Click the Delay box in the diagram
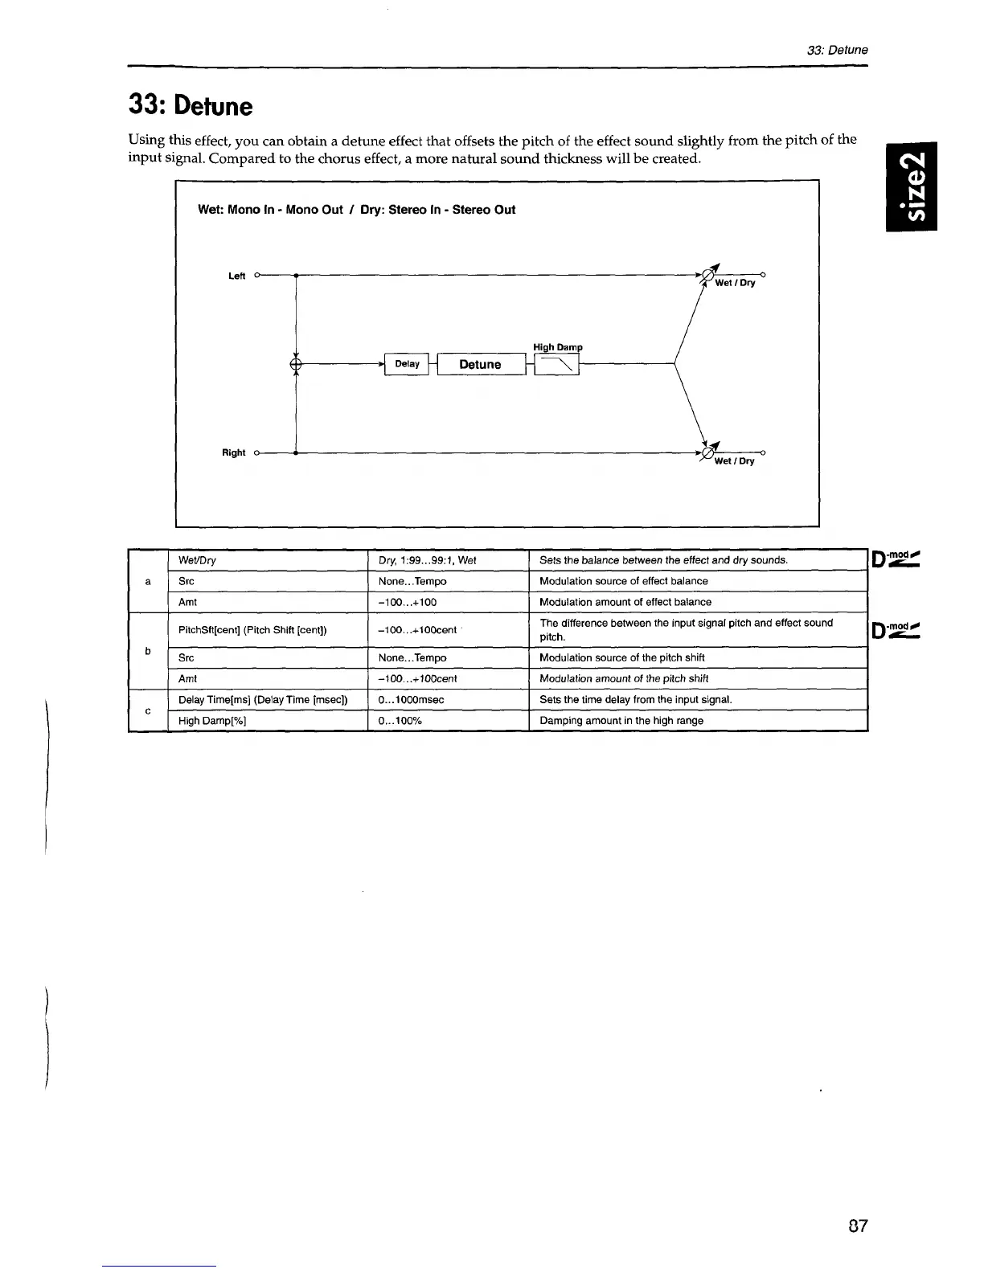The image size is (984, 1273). point(407,364)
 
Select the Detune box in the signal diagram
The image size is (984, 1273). point(480,365)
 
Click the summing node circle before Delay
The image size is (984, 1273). point(296,365)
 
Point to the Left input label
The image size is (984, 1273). point(236,276)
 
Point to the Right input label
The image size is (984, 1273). point(233,452)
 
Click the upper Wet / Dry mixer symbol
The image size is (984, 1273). point(708,275)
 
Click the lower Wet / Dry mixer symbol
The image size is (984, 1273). point(708,453)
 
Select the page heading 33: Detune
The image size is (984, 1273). point(191,106)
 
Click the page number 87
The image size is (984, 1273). point(858,1226)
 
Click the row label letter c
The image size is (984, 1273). point(148,710)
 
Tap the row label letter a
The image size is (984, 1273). point(148,581)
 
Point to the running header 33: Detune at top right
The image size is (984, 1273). point(837,50)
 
